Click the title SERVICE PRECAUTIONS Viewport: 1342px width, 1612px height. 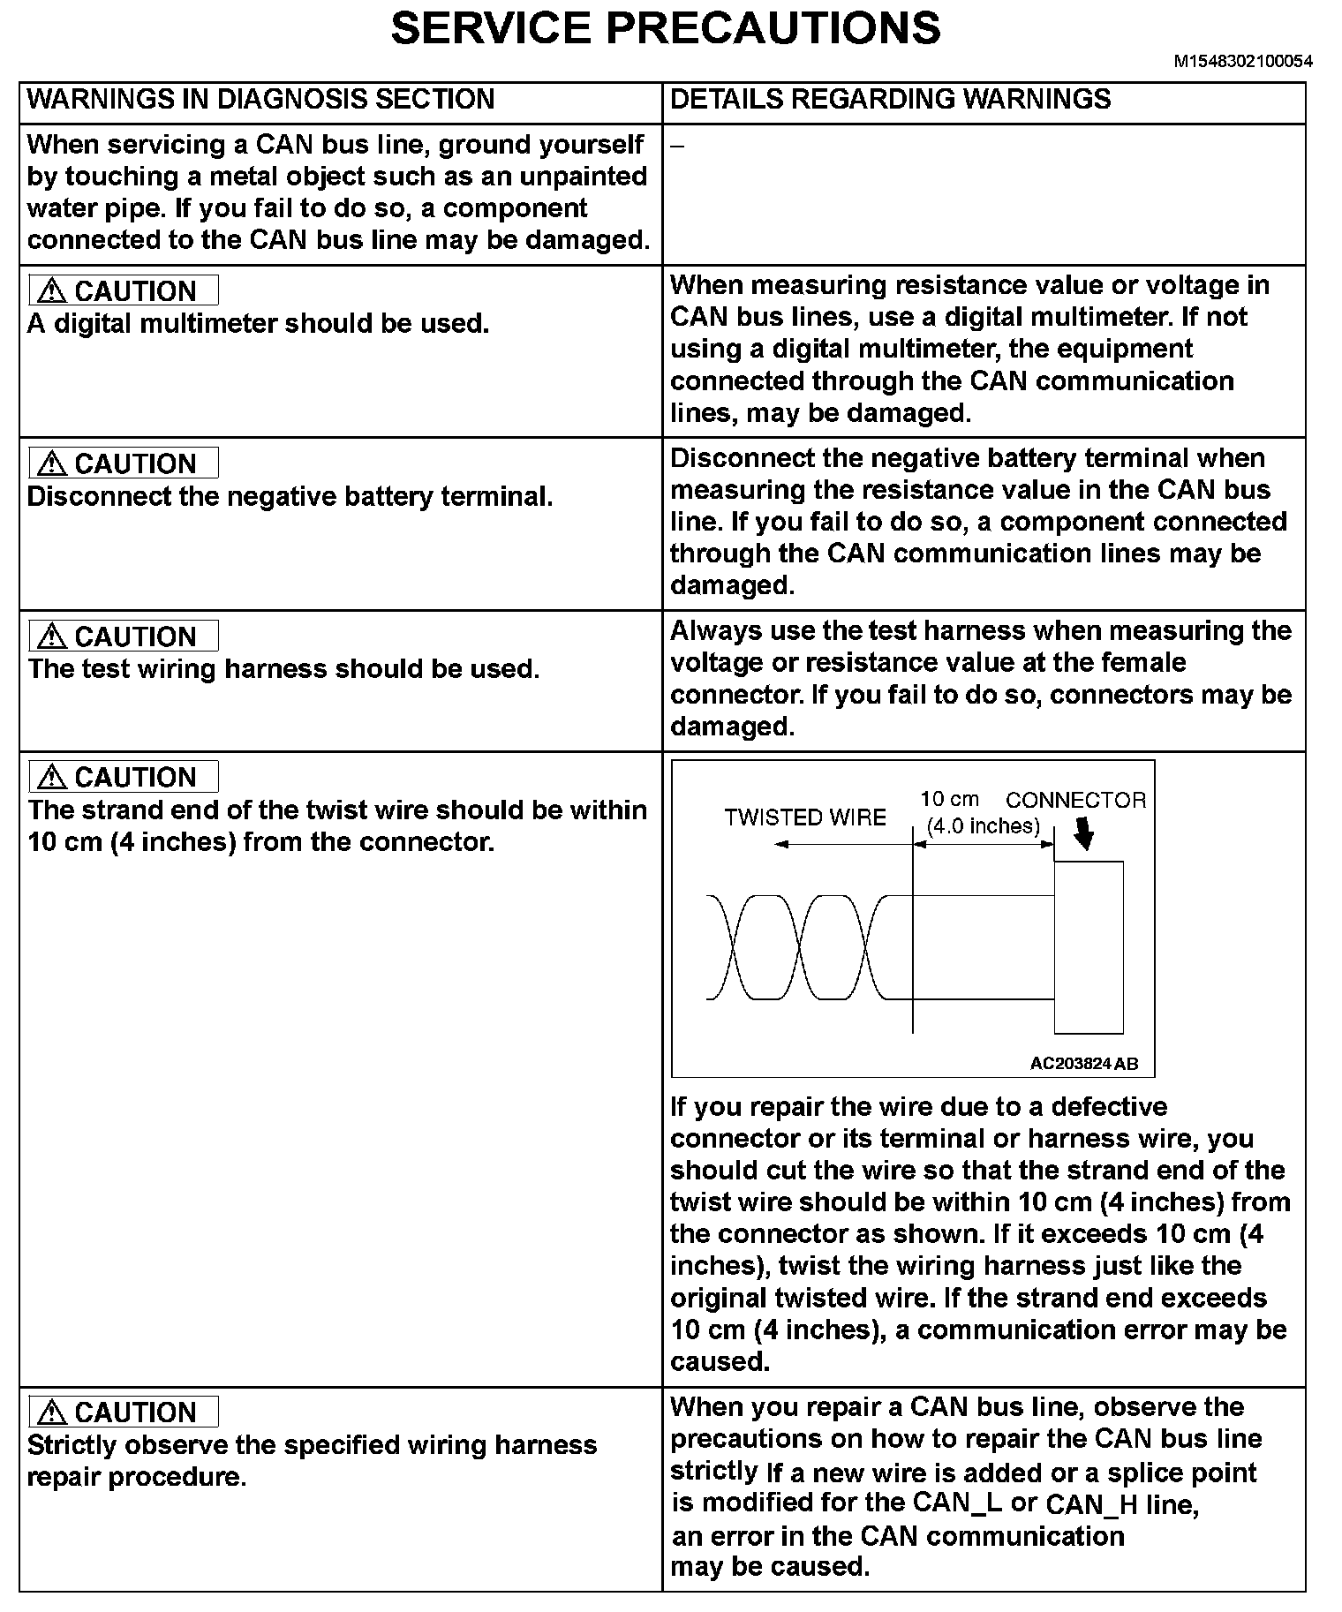click(x=665, y=28)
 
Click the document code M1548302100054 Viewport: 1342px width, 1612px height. click(x=1242, y=62)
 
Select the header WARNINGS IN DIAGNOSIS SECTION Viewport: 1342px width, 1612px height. click(x=260, y=99)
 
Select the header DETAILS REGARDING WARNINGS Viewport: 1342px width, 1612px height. click(x=890, y=99)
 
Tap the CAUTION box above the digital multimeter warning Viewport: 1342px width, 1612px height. click(x=124, y=290)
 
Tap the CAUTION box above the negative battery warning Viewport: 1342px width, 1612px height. click(x=124, y=463)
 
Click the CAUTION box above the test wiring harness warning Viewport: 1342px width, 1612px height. click(x=124, y=636)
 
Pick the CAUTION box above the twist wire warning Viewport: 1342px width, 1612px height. click(x=124, y=777)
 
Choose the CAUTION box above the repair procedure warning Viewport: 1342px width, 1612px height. click(x=124, y=1412)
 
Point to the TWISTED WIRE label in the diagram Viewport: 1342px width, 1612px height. click(x=805, y=817)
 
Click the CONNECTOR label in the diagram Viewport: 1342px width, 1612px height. click(x=1075, y=800)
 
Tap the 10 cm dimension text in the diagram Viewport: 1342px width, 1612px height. click(x=949, y=799)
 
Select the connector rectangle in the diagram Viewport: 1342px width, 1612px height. click(x=1089, y=946)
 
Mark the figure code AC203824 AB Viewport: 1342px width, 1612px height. click(x=1083, y=1064)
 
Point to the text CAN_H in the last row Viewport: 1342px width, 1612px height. click(x=1091, y=1504)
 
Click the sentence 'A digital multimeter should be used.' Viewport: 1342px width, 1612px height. click(x=258, y=324)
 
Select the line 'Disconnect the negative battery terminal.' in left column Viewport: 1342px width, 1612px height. click(x=290, y=496)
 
